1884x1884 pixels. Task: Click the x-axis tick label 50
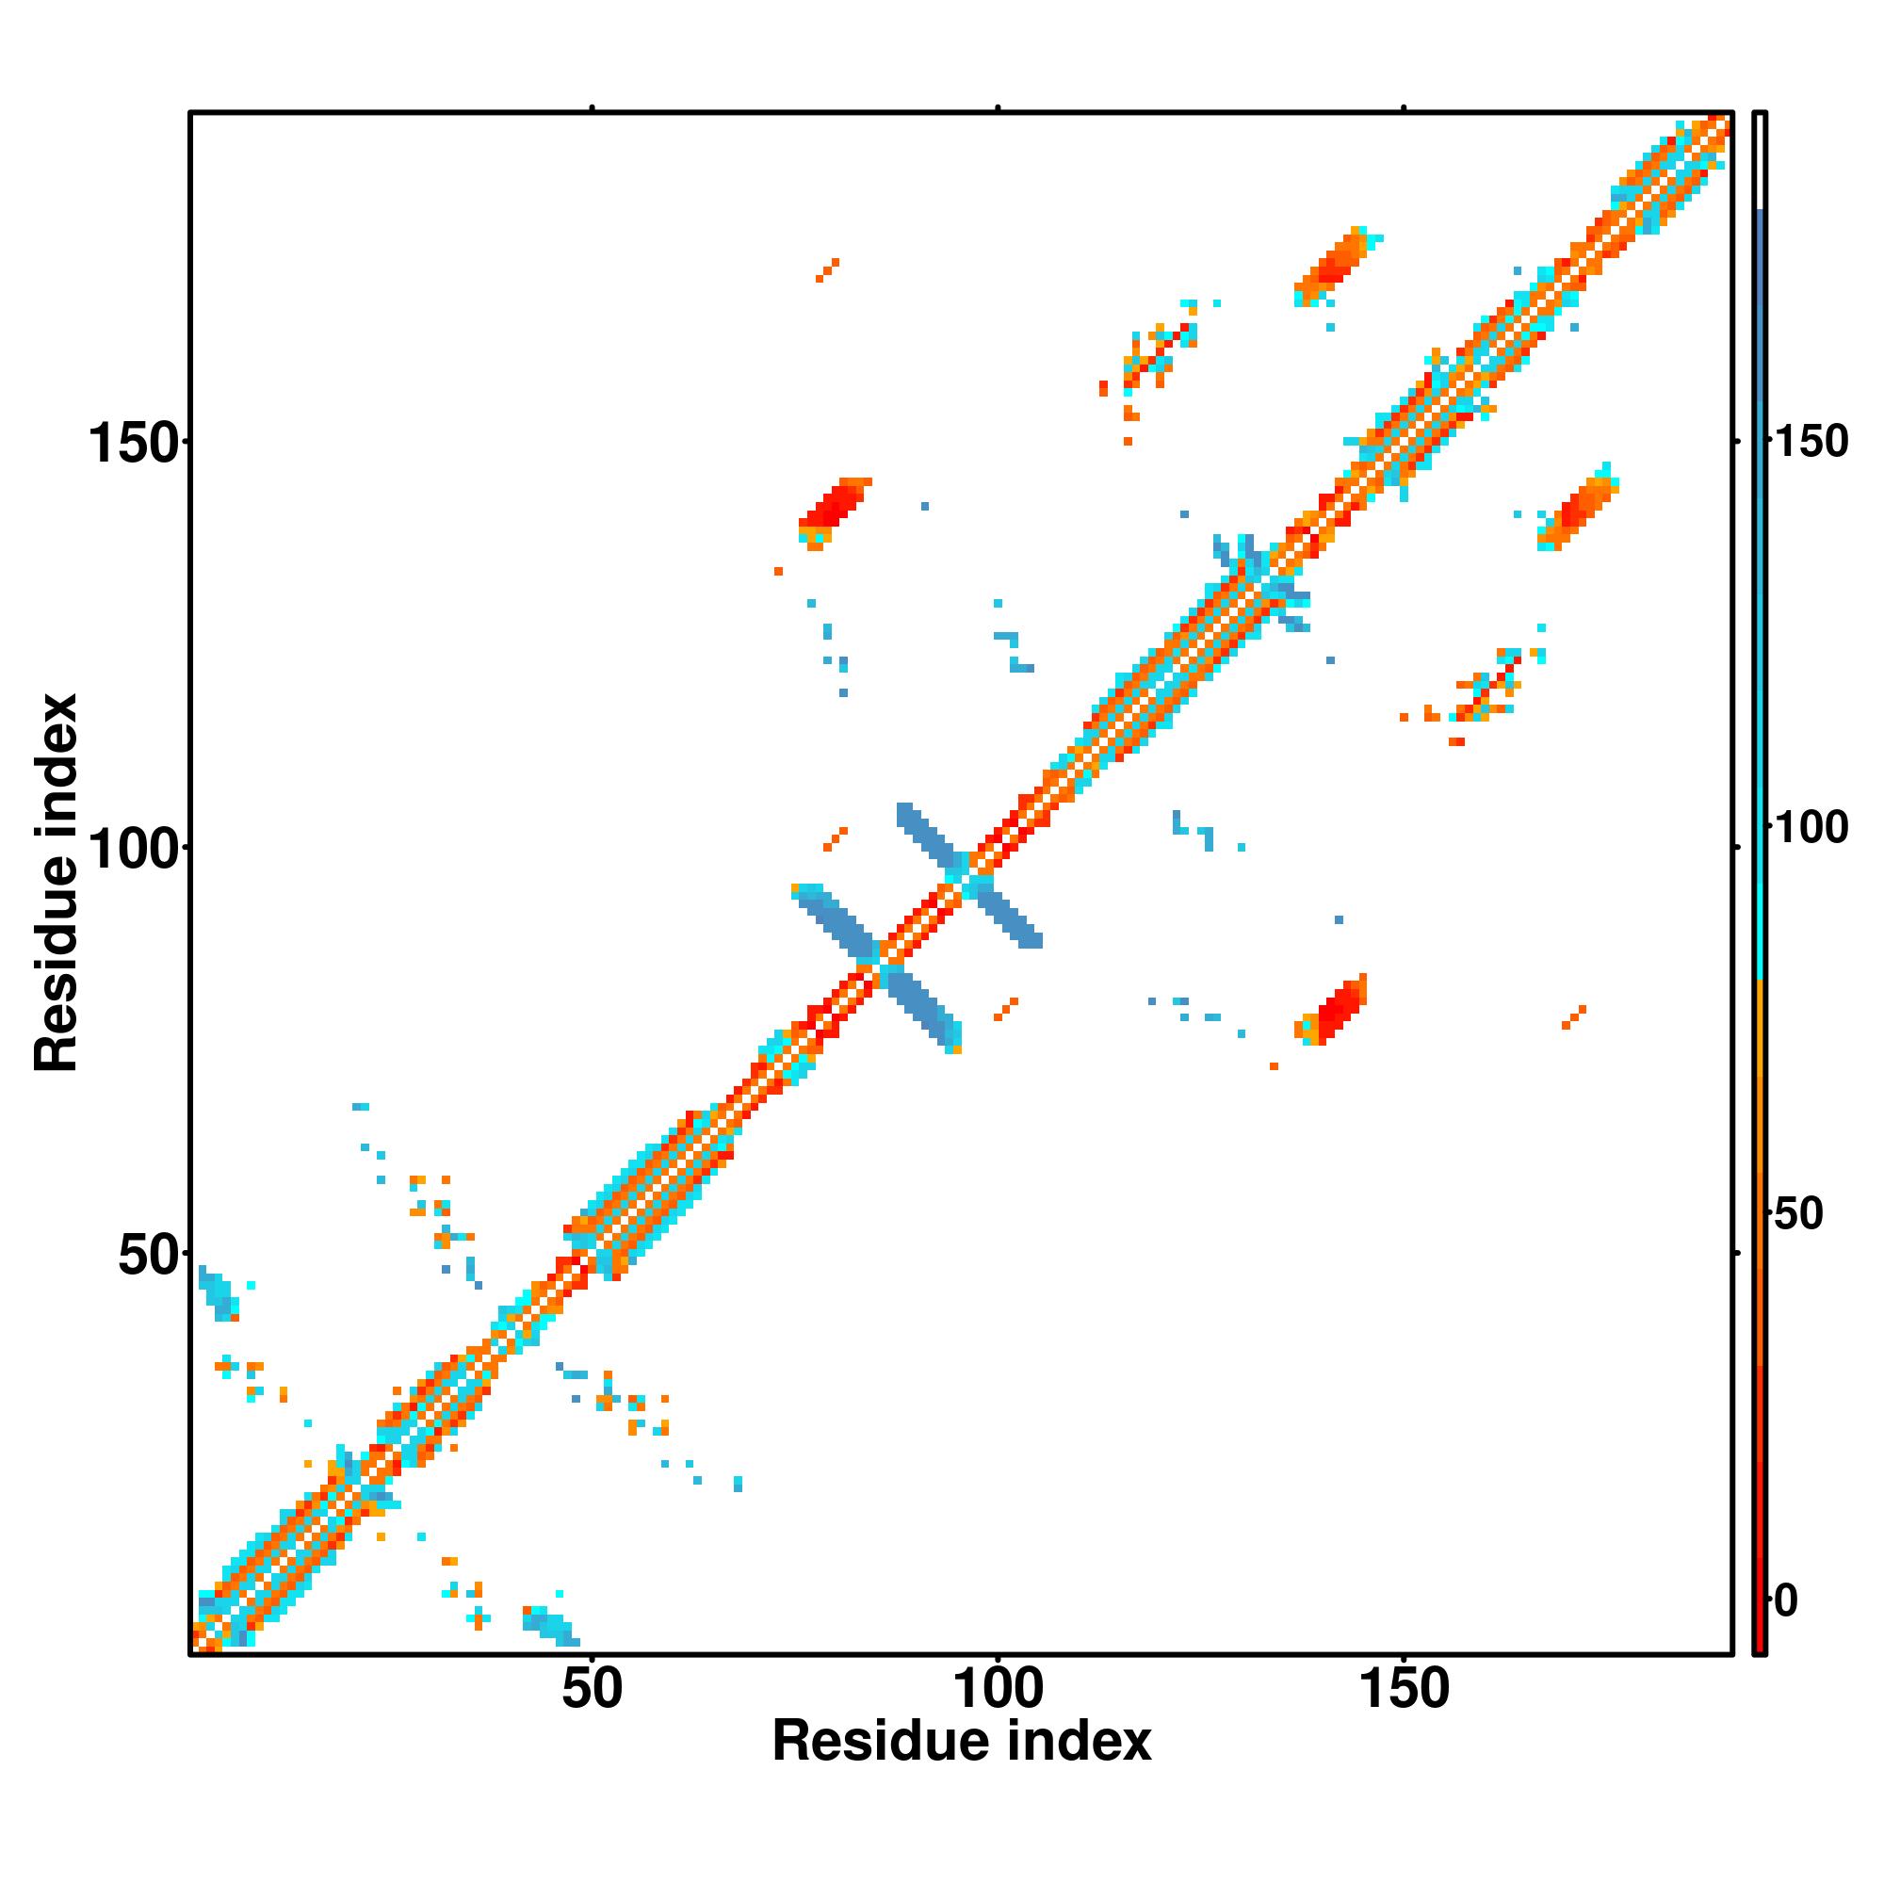(592, 1689)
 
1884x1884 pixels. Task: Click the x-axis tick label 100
(997, 1689)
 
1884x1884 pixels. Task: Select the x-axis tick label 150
(1403, 1689)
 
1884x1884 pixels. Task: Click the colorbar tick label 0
(1786, 1600)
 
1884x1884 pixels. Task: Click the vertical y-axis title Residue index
(57, 883)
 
